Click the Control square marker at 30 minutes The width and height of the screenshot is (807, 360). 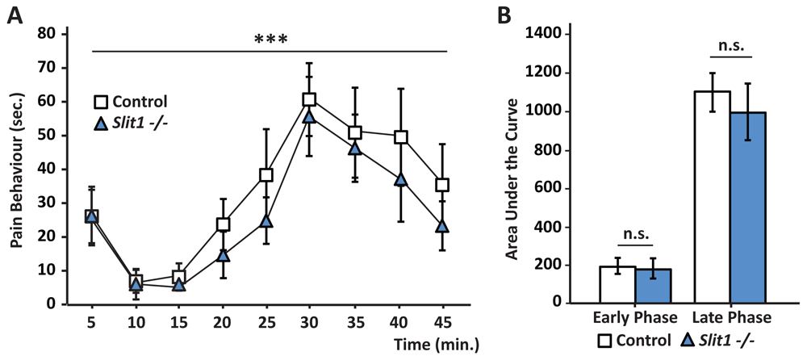309,99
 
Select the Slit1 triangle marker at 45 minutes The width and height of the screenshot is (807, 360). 441,227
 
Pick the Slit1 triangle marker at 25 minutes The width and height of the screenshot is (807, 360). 266,221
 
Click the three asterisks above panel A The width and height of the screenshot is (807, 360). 270,39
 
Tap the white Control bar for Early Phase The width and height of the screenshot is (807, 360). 617,284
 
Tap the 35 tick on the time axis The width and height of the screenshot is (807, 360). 353,320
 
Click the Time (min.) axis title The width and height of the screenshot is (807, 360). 437,345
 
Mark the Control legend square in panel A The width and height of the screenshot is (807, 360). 102,102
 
